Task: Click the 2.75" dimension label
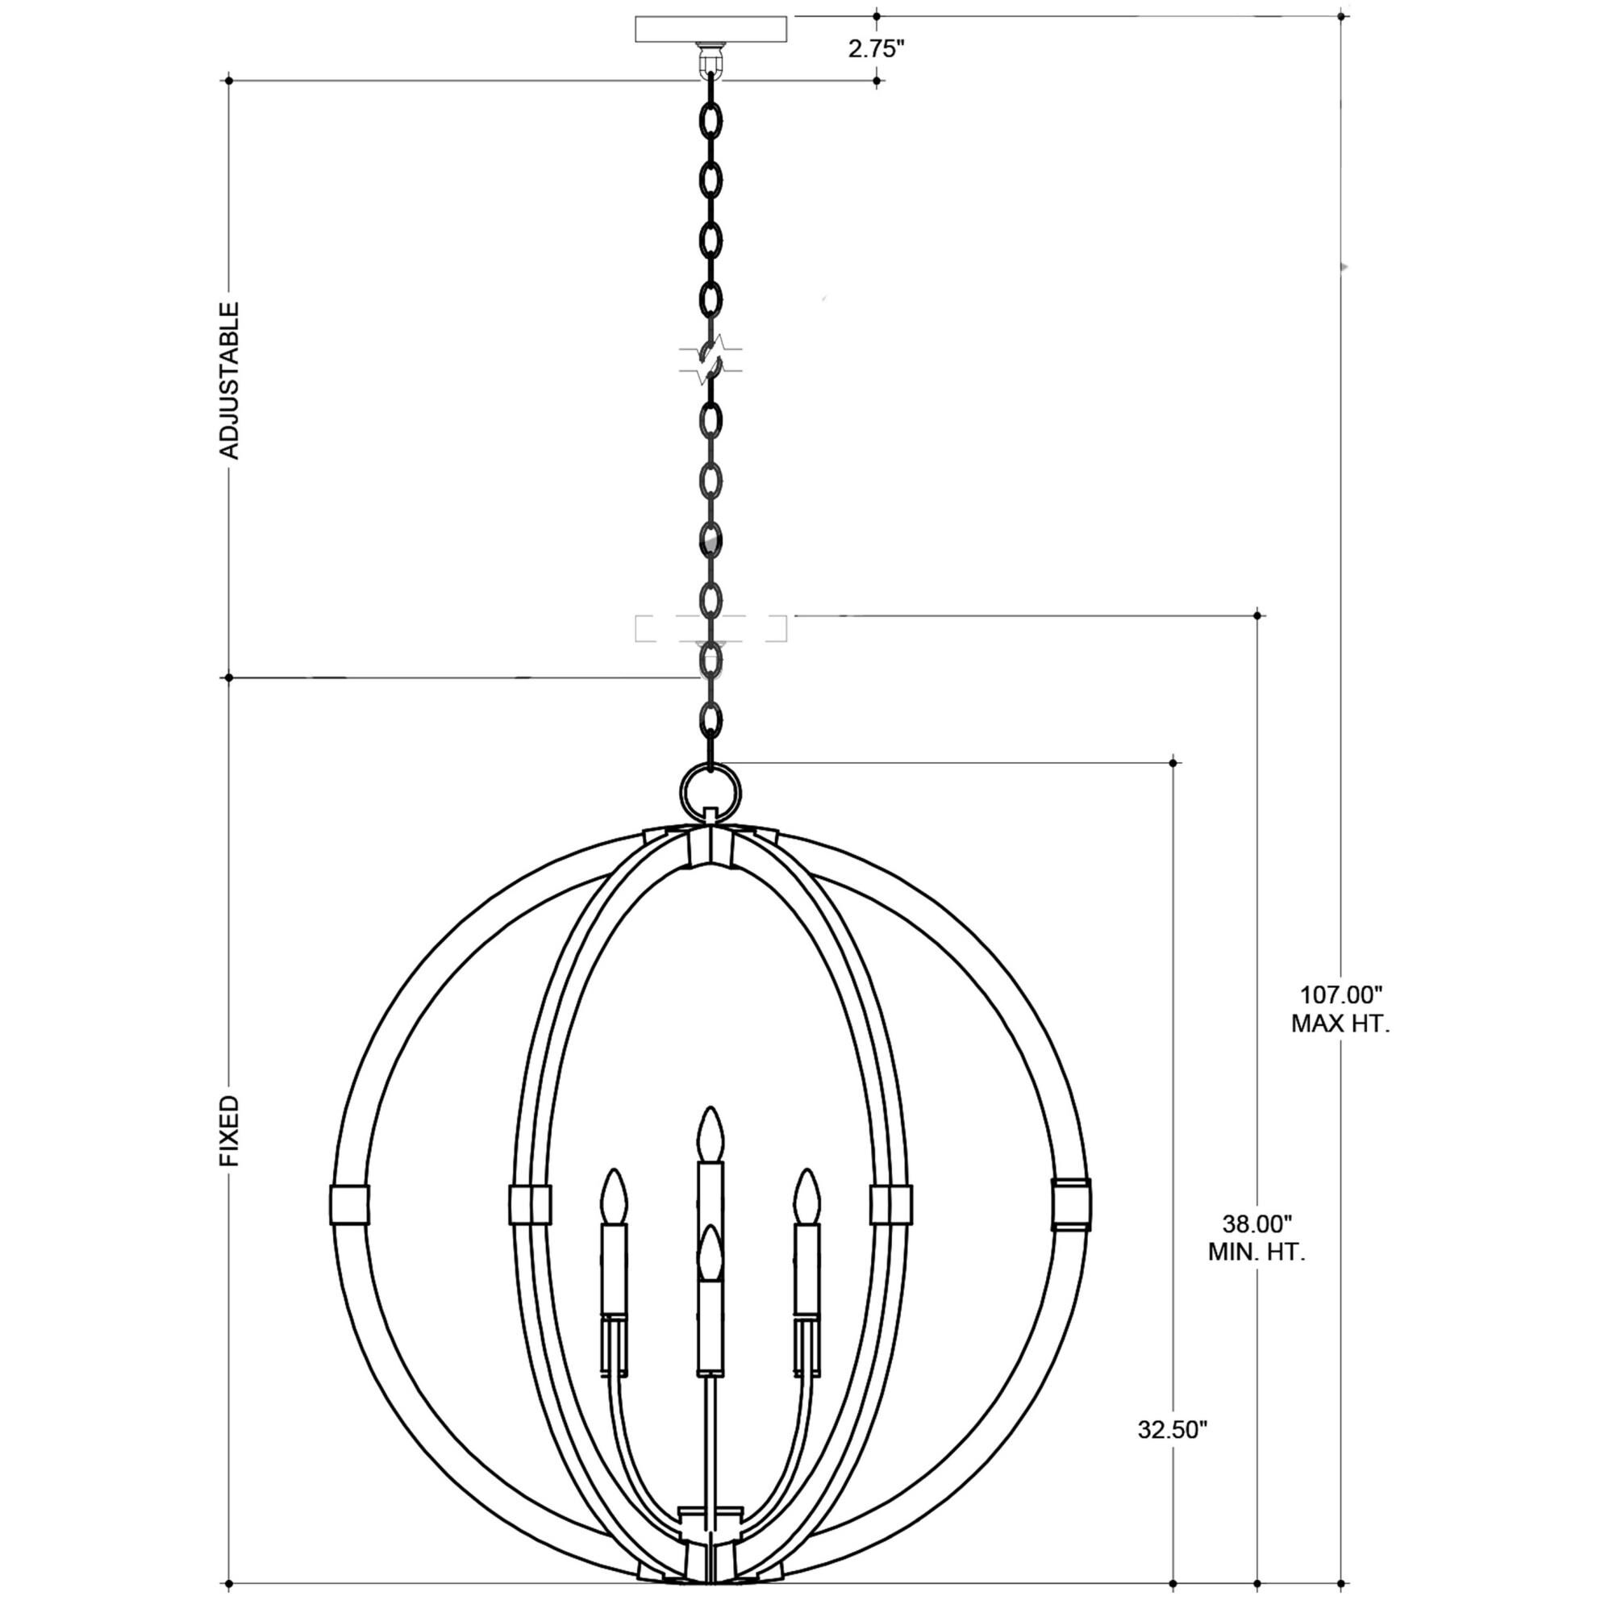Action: coord(876,49)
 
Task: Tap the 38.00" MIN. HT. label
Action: coord(1257,1238)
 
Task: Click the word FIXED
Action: coord(229,1131)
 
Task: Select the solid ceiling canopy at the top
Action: coord(711,29)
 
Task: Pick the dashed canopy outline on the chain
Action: coord(711,627)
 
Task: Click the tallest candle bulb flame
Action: coord(711,1136)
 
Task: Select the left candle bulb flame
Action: coord(615,1197)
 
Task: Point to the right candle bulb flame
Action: coord(806,1197)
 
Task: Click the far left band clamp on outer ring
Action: coord(349,1205)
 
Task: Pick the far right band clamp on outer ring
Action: coord(1071,1205)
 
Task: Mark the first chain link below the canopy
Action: coord(711,121)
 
